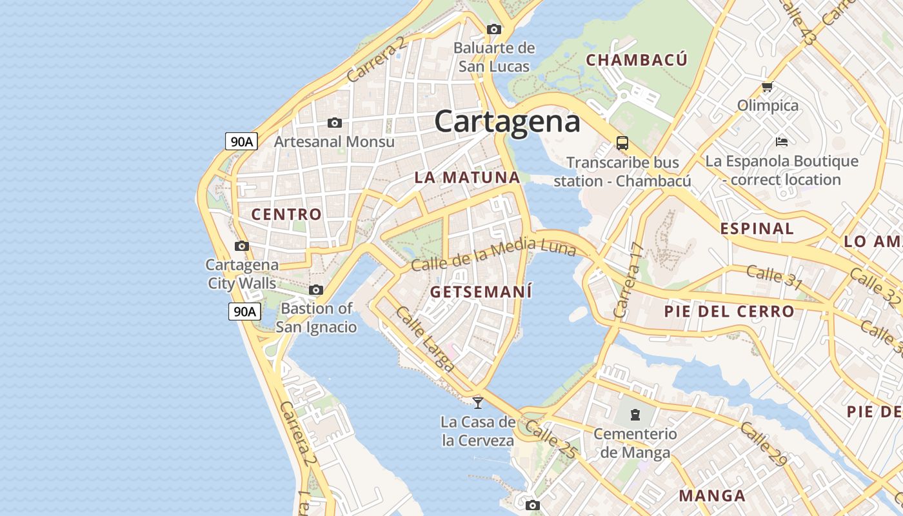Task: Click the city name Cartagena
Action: click(507, 121)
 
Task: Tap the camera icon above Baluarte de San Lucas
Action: click(494, 29)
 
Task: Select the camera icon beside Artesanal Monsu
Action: click(334, 123)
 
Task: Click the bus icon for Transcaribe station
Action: click(622, 143)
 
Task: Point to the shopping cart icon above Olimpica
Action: click(767, 86)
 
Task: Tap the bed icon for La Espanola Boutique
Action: click(782, 141)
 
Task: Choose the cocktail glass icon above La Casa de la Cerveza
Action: click(478, 403)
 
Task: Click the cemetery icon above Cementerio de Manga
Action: click(635, 414)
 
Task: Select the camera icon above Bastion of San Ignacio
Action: click(316, 290)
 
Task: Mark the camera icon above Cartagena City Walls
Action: click(242, 246)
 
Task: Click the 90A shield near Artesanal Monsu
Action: click(242, 141)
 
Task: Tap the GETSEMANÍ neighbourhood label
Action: click(481, 292)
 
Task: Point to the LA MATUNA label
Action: click(467, 177)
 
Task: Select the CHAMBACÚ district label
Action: click(637, 60)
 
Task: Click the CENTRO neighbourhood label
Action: click(286, 214)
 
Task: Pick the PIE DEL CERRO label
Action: click(729, 312)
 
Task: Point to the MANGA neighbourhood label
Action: click(712, 495)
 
